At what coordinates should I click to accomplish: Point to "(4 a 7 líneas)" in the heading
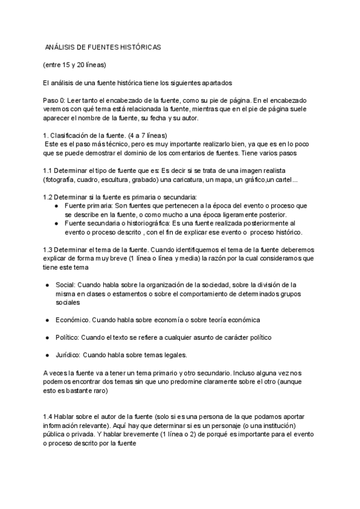(x=148, y=136)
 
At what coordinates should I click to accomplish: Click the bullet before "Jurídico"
(x=47, y=355)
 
